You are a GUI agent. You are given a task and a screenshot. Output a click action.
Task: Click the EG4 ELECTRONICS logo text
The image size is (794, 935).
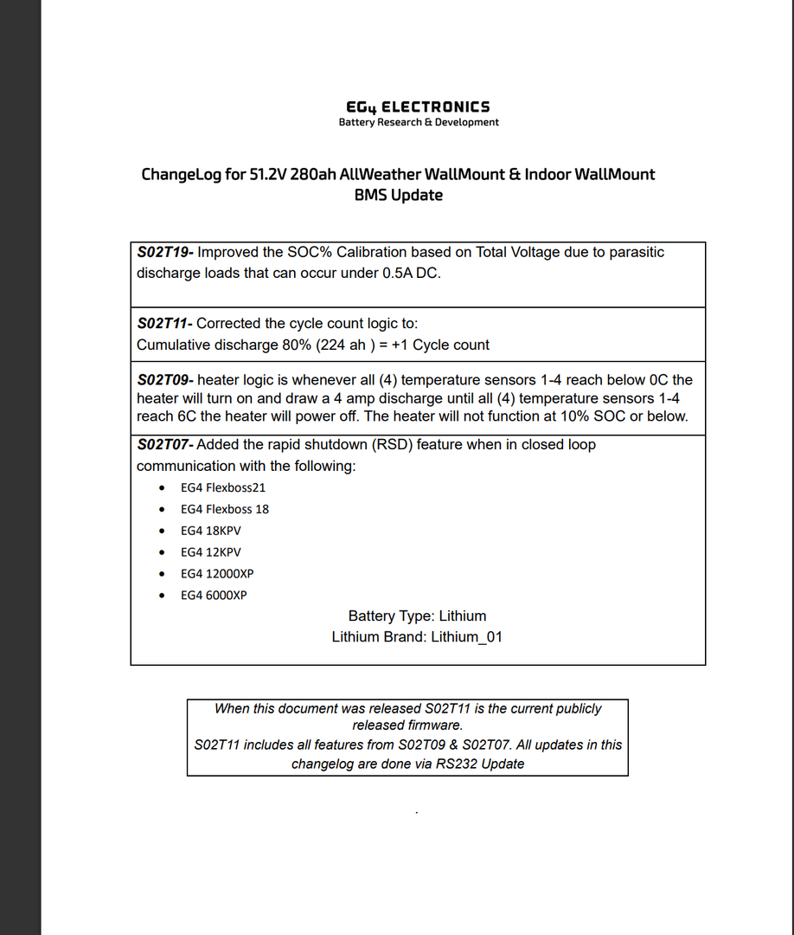(418, 106)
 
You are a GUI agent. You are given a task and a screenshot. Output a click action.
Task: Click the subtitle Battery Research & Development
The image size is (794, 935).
(419, 123)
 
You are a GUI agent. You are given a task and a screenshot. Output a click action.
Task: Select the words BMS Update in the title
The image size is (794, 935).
(398, 196)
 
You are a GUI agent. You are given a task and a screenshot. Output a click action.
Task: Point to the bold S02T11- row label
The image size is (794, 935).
(165, 324)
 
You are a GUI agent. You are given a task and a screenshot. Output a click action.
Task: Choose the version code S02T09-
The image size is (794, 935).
(165, 380)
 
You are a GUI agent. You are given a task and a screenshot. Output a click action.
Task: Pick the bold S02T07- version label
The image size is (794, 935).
(165, 445)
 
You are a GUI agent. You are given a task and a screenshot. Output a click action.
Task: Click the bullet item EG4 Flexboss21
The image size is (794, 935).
(223, 487)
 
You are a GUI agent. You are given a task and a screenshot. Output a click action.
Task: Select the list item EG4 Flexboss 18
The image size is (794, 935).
(225, 509)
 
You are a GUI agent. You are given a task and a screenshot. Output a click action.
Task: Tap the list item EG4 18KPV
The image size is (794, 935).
(211, 531)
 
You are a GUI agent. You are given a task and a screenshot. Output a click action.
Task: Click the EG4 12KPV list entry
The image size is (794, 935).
(211, 552)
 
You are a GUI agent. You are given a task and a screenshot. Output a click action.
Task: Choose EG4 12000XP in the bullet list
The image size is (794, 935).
(217, 574)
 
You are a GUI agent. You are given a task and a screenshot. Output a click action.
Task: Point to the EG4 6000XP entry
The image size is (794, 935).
(214, 596)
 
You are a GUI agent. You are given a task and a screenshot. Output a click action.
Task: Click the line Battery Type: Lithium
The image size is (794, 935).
(417, 616)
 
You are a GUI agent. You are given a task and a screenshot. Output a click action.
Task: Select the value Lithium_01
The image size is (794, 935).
(467, 637)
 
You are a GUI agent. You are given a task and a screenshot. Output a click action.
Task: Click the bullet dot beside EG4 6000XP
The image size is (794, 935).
(162, 596)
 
